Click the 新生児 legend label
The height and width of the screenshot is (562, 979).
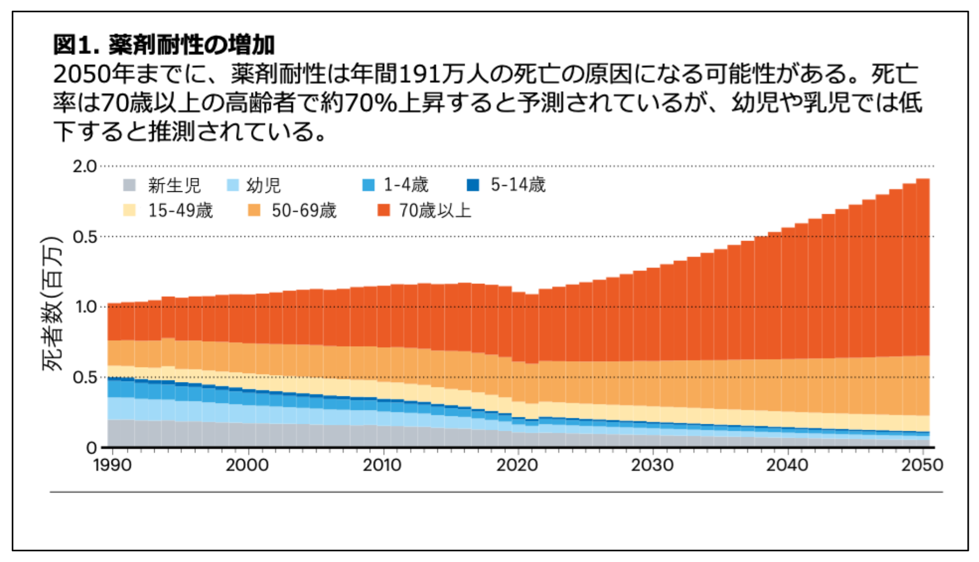pos(174,185)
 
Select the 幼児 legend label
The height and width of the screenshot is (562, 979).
pos(263,185)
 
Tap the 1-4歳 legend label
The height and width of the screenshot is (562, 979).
pos(406,185)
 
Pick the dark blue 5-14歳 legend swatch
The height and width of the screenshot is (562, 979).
pos(473,185)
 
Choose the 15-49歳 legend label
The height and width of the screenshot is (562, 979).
pos(180,211)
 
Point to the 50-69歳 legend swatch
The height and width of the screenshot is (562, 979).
pos(254,211)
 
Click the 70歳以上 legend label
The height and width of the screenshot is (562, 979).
pos(435,211)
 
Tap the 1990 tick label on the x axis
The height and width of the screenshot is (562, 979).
pos(112,465)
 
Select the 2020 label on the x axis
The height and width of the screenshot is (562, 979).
pos(517,465)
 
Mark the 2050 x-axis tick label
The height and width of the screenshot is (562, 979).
pos(922,465)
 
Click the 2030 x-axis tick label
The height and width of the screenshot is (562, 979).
pos(652,465)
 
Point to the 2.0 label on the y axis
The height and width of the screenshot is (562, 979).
pos(85,167)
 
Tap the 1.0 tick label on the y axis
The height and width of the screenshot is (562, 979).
pos(85,307)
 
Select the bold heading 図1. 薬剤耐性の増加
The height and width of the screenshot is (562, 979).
pos(164,44)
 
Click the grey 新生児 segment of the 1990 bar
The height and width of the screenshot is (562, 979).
pos(115,433)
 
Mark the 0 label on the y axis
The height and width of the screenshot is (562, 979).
pos(91,448)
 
